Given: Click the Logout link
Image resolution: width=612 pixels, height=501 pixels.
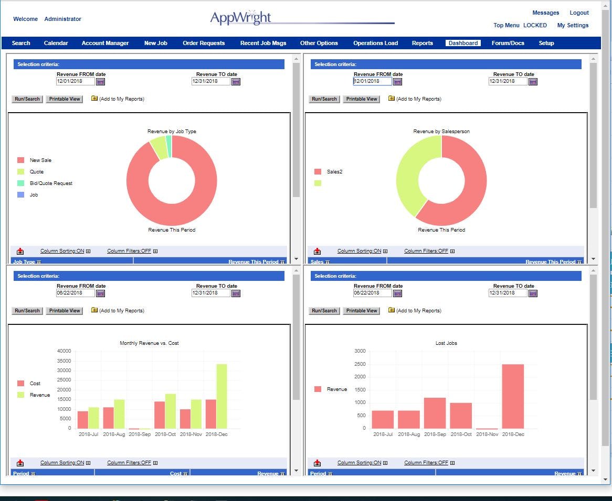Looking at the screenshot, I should (x=579, y=13).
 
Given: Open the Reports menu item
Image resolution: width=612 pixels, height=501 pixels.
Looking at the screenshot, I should (x=422, y=43).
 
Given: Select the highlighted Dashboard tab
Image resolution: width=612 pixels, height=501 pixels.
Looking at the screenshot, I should (x=462, y=43).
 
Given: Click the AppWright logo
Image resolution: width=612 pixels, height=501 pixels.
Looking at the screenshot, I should (x=241, y=18).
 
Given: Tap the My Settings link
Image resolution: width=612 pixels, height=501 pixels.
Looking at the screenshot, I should (x=573, y=25).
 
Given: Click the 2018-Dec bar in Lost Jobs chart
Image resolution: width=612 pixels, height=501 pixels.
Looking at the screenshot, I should (x=512, y=396).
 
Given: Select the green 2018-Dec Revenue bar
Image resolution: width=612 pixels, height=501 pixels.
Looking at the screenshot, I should (x=221, y=396).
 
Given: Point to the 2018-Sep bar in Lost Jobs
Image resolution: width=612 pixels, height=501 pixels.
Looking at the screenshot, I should (x=435, y=413).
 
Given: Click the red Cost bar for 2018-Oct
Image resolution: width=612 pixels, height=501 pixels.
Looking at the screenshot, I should (x=160, y=415).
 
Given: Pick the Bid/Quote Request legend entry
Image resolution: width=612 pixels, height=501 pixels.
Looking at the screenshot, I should (x=51, y=183).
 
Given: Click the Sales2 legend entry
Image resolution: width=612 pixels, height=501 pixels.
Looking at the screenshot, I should (x=334, y=171).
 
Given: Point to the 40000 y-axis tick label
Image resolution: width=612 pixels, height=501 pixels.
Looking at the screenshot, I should (x=64, y=351).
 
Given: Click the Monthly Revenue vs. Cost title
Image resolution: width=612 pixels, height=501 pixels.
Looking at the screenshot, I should (x=149, y=343).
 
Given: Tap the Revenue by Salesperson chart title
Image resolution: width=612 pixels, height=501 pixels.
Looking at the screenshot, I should (x=441, y=132).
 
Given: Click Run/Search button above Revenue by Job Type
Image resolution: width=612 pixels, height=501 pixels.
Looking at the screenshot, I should (x=27, y=99).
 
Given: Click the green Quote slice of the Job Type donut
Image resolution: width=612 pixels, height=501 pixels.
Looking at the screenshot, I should (x=158, y=148).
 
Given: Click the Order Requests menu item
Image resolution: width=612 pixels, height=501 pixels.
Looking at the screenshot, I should (x=204, y=43).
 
